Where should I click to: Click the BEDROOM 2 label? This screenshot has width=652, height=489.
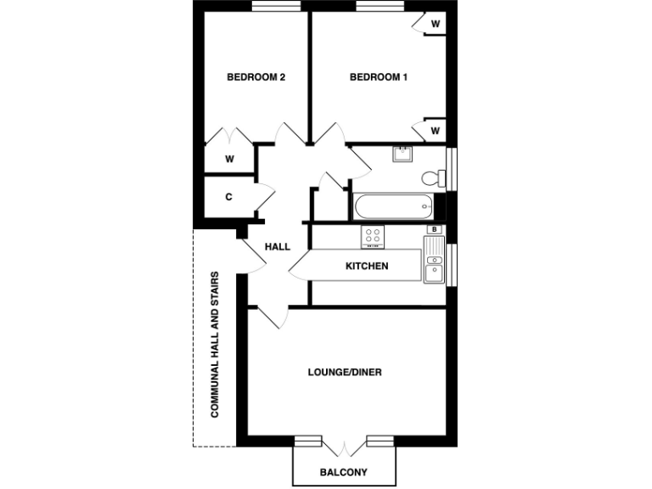[256, 77]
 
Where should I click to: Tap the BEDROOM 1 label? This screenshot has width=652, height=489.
[379, 77]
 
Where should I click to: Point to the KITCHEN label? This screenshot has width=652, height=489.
[367, 267]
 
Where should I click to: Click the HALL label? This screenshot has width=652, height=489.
[278, 247]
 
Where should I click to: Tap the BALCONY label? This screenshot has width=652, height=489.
[344, 472]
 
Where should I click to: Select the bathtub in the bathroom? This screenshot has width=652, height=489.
[392, 206]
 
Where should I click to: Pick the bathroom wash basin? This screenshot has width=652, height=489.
[402, 155]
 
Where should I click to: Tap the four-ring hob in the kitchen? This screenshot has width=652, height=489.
[373, 237]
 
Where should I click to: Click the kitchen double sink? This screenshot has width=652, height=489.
[433, 259]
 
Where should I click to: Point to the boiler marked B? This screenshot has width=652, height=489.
[435, 229]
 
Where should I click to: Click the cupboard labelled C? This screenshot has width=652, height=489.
[228, 197]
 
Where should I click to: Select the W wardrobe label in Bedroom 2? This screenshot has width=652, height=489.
[228, 159]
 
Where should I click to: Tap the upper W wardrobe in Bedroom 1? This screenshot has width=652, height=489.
[435, 23]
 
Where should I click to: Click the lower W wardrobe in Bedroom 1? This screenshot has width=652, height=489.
[435, 130]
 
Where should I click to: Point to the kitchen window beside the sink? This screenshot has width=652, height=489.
[452, 264]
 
